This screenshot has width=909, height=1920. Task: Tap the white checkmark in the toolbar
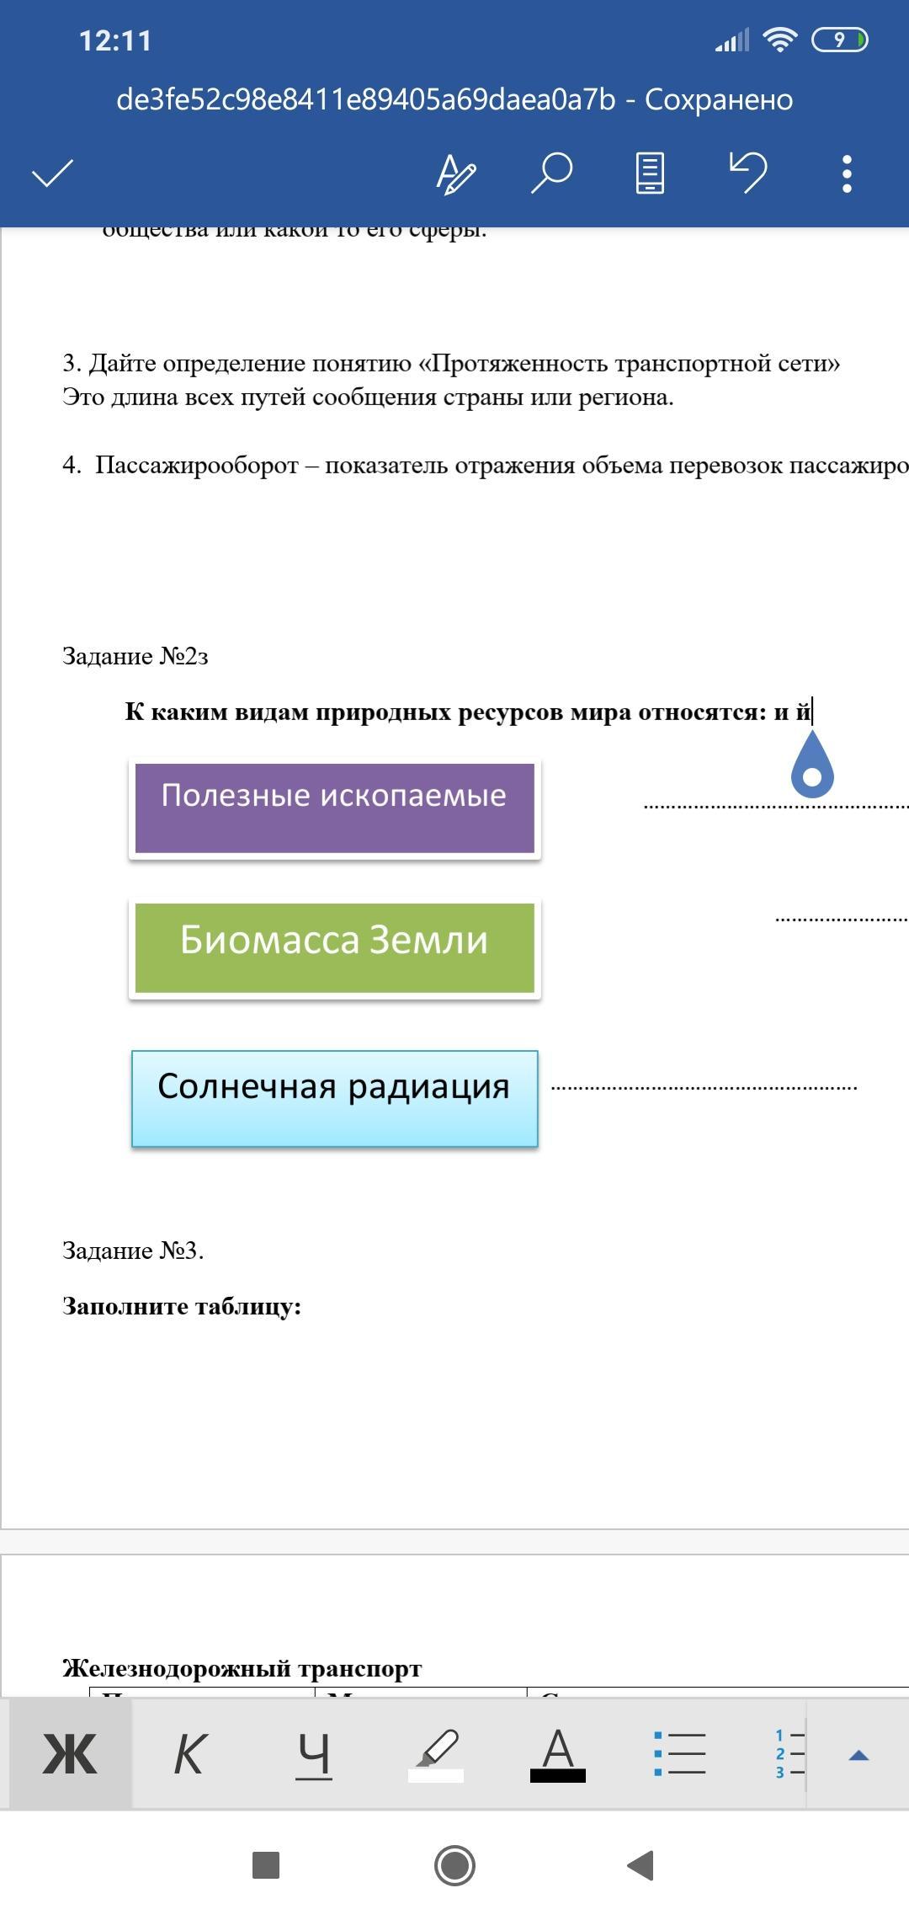(x=52, y=174)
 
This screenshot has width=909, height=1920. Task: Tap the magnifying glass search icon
(x=551, y=173)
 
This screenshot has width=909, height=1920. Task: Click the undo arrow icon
(x=747, y=173)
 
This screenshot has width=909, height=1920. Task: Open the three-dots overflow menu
(x=847, y=174)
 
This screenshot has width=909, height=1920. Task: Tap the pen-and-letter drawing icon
(x=455, y=174)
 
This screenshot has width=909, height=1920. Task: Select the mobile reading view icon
(x=649, y=173)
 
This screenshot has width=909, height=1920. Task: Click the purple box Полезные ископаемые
(x=334, y=808)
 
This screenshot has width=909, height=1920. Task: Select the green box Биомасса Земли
(x=334, y=947)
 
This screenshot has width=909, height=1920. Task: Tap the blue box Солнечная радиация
(x=334, y=1098)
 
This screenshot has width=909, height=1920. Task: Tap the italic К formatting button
(x=189, y=1756)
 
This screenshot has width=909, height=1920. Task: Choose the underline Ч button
(x=313, y=1756)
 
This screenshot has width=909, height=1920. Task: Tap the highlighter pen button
(x=436, y=1756)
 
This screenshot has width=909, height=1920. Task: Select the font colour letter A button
(x=557, y=1756)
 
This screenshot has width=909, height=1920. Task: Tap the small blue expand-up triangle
(x=858, y=1756)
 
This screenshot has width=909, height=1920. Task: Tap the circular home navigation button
(x=454, y=1865)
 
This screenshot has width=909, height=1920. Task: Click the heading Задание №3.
(x=133, y=1251)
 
